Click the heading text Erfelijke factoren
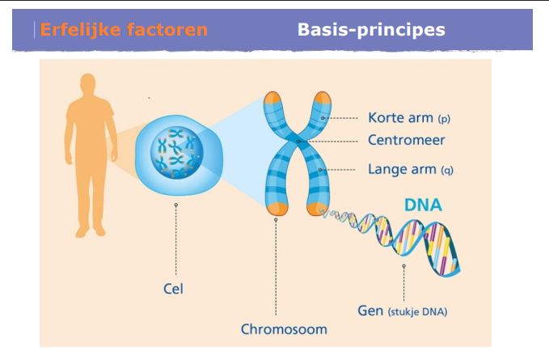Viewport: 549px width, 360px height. pos(123,31)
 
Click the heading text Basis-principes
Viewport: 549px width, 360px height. pos(371,31)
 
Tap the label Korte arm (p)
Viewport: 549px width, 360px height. pos(408,118)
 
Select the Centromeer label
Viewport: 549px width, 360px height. pos(406,140)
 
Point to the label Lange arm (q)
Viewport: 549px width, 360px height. pos(412,169)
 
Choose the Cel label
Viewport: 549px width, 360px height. pos(171,288)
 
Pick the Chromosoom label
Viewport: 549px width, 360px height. pos(278,329)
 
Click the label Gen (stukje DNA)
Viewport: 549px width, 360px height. pos(402,311)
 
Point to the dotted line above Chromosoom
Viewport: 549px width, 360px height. pos(276,267)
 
